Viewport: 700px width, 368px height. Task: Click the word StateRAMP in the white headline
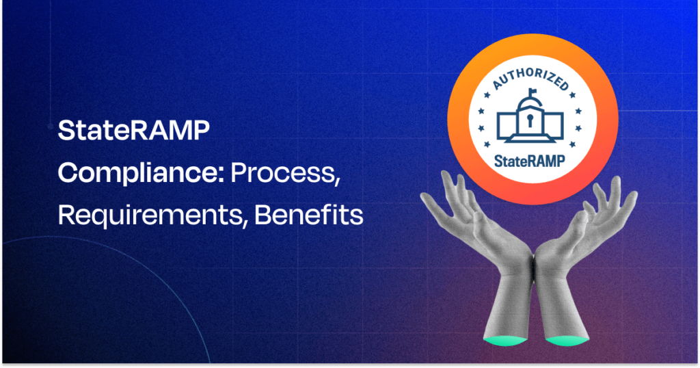[134, 131]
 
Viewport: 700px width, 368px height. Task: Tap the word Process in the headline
[282, 173]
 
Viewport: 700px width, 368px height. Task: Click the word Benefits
[309, 215]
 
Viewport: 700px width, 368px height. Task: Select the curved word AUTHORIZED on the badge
[530, 79]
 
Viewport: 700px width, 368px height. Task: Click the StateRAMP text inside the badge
[530, 161]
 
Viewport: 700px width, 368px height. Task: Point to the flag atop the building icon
[532, 92]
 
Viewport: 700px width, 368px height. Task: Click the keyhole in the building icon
[530, 121]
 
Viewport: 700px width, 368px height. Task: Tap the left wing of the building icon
[507, 125]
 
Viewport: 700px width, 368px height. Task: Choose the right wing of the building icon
[553, 125]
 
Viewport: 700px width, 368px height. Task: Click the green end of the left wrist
[505, 341]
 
